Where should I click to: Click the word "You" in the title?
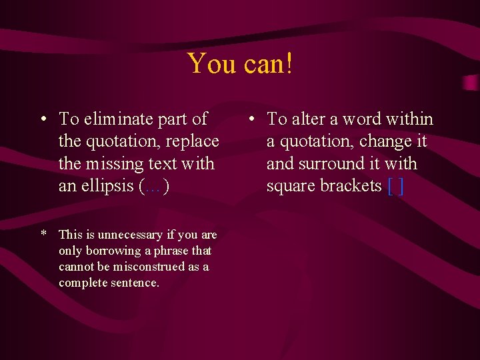point(210,64)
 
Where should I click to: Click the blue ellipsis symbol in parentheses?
point(154,186)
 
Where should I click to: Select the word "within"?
point(407,119)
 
